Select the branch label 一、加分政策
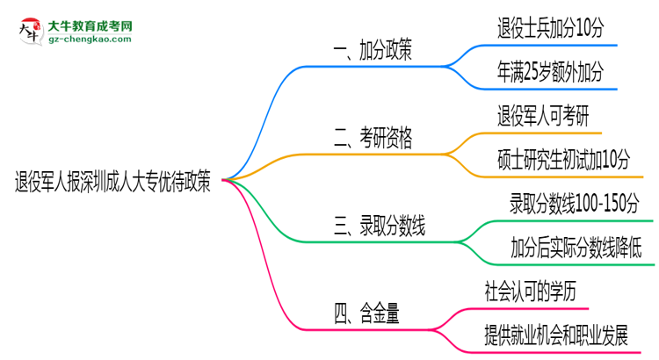[x=374, y=51]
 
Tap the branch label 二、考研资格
[x=374, y=137]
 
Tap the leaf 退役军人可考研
[x=543, y=115]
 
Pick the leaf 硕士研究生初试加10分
[x=563, y=159]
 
